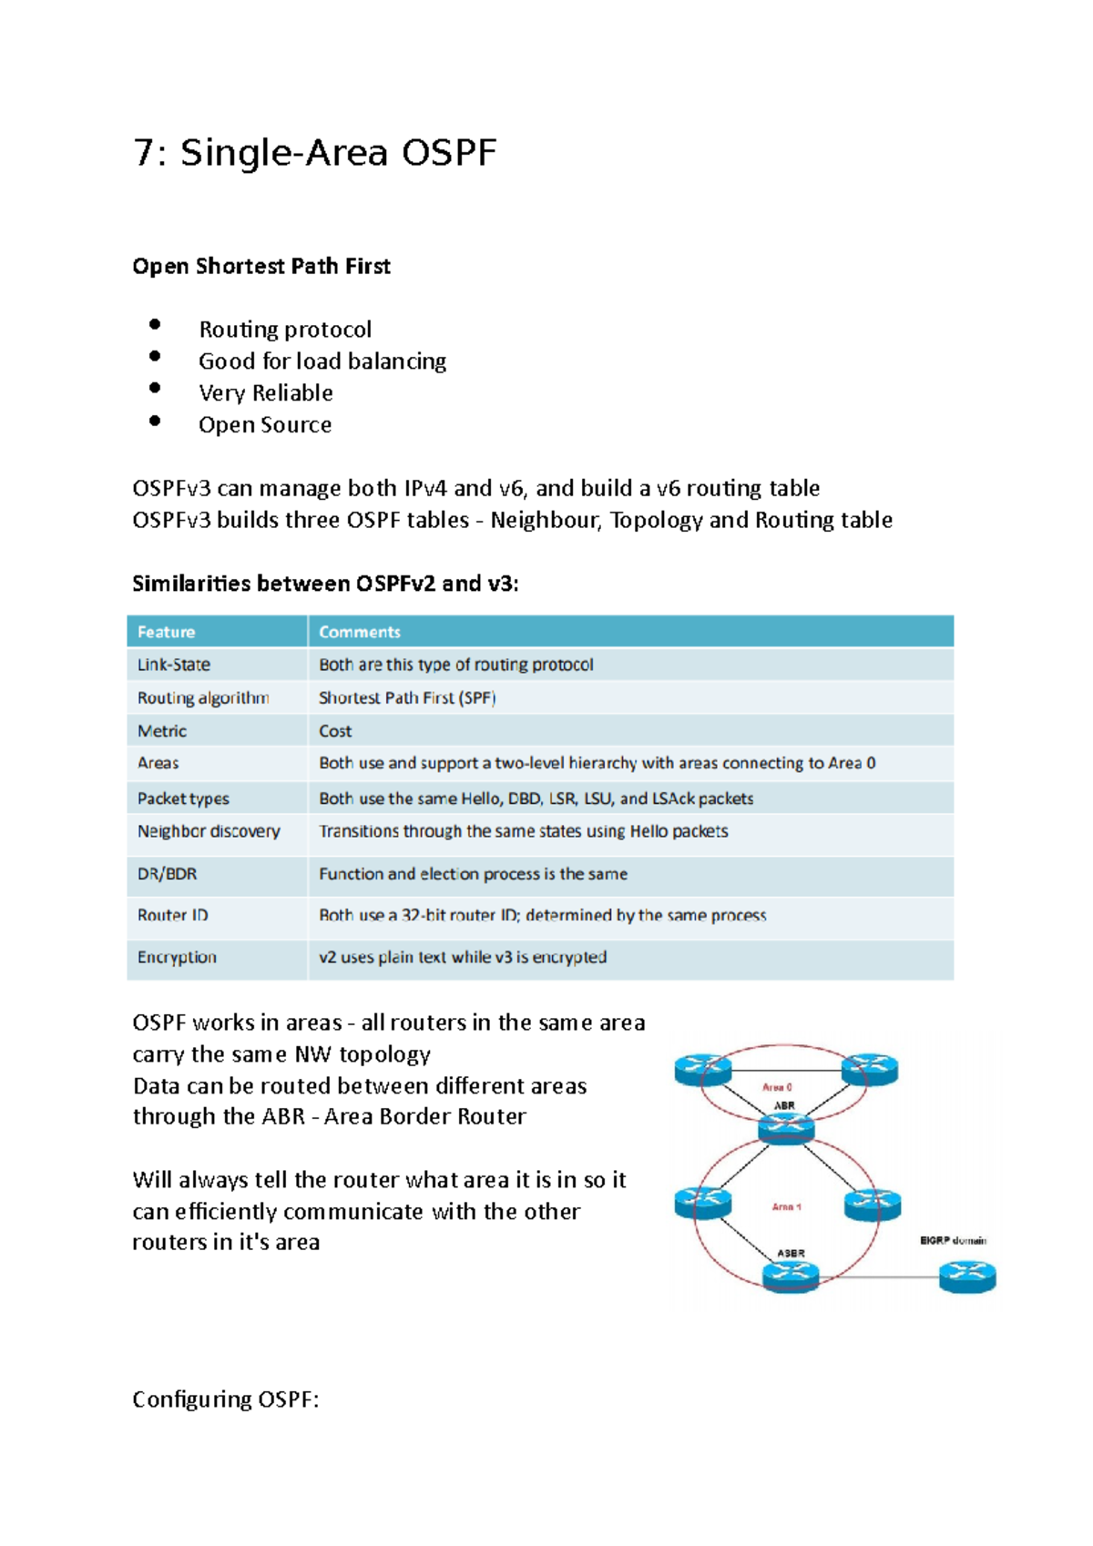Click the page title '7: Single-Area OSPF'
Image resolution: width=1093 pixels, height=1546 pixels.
pos(314,153)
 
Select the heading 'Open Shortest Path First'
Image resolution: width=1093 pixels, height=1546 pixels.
pos(261,266)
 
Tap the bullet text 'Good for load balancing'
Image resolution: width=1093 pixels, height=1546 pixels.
pos(322,361)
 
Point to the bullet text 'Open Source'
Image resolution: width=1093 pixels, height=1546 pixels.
pos(265,425)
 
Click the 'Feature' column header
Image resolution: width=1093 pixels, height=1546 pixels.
pos(166,632)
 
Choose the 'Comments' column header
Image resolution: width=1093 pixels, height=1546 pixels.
pos(359,632)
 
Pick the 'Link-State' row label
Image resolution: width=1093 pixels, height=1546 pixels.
pos(173,665)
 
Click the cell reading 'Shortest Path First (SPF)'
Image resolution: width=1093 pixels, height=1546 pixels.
pos(407,698)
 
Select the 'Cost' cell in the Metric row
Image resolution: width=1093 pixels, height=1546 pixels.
pos(335,731)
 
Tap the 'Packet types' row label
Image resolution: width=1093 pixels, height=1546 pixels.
pos(183,798)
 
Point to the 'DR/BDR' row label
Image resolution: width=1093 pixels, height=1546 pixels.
pos(167,874)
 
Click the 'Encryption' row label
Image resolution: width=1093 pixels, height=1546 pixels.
pos(177,957)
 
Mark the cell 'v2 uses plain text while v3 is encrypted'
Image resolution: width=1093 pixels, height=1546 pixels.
pos(463,957)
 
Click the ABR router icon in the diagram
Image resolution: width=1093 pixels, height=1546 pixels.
pos(786,1129)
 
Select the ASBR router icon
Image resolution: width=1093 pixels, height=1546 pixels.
pos(791,1276)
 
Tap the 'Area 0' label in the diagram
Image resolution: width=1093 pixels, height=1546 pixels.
pos(777,1087)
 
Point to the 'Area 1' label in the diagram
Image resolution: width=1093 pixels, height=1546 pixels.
pos(786,1206)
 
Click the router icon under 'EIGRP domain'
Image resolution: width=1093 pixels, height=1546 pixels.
pos(967,1276)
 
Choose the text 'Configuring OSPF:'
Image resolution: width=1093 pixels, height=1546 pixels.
pos(225,1399)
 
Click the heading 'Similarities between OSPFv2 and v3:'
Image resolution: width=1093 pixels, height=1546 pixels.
pos(325,584)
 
